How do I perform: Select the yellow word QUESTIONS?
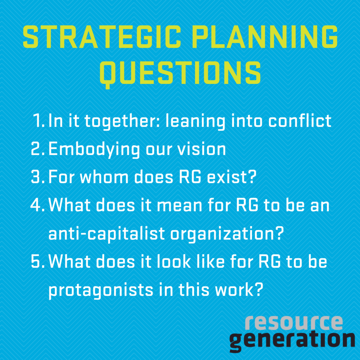tap(180, 73)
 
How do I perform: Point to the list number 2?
tap(37, 149)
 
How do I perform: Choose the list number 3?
tap(37, 177)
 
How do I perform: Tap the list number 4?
tap(37, 205)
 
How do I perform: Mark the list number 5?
tap(37, 261)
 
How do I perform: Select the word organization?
tap(227, 234)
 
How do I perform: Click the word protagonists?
tap(101, 290)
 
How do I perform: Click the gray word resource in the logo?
tap(294, 323)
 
